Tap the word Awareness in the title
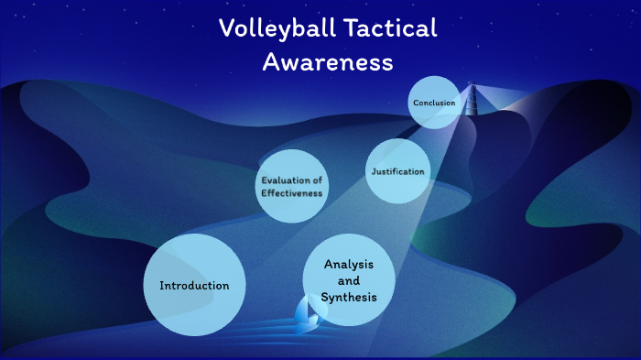tap(328, 62)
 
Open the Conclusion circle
tap(434, 103)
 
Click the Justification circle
tap(398, 171)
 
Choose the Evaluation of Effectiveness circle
tap(291, 186)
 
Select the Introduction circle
tap(194, 285)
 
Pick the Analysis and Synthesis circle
tap(349, 281)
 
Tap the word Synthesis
tap(349, 298)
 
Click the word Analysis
tap(348, 265)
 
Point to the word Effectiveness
tap(291, 193)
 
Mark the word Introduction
tap(194, 286)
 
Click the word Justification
tap(398, 172)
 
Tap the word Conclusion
tap(434, 103)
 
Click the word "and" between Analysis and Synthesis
tap(349, 281)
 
